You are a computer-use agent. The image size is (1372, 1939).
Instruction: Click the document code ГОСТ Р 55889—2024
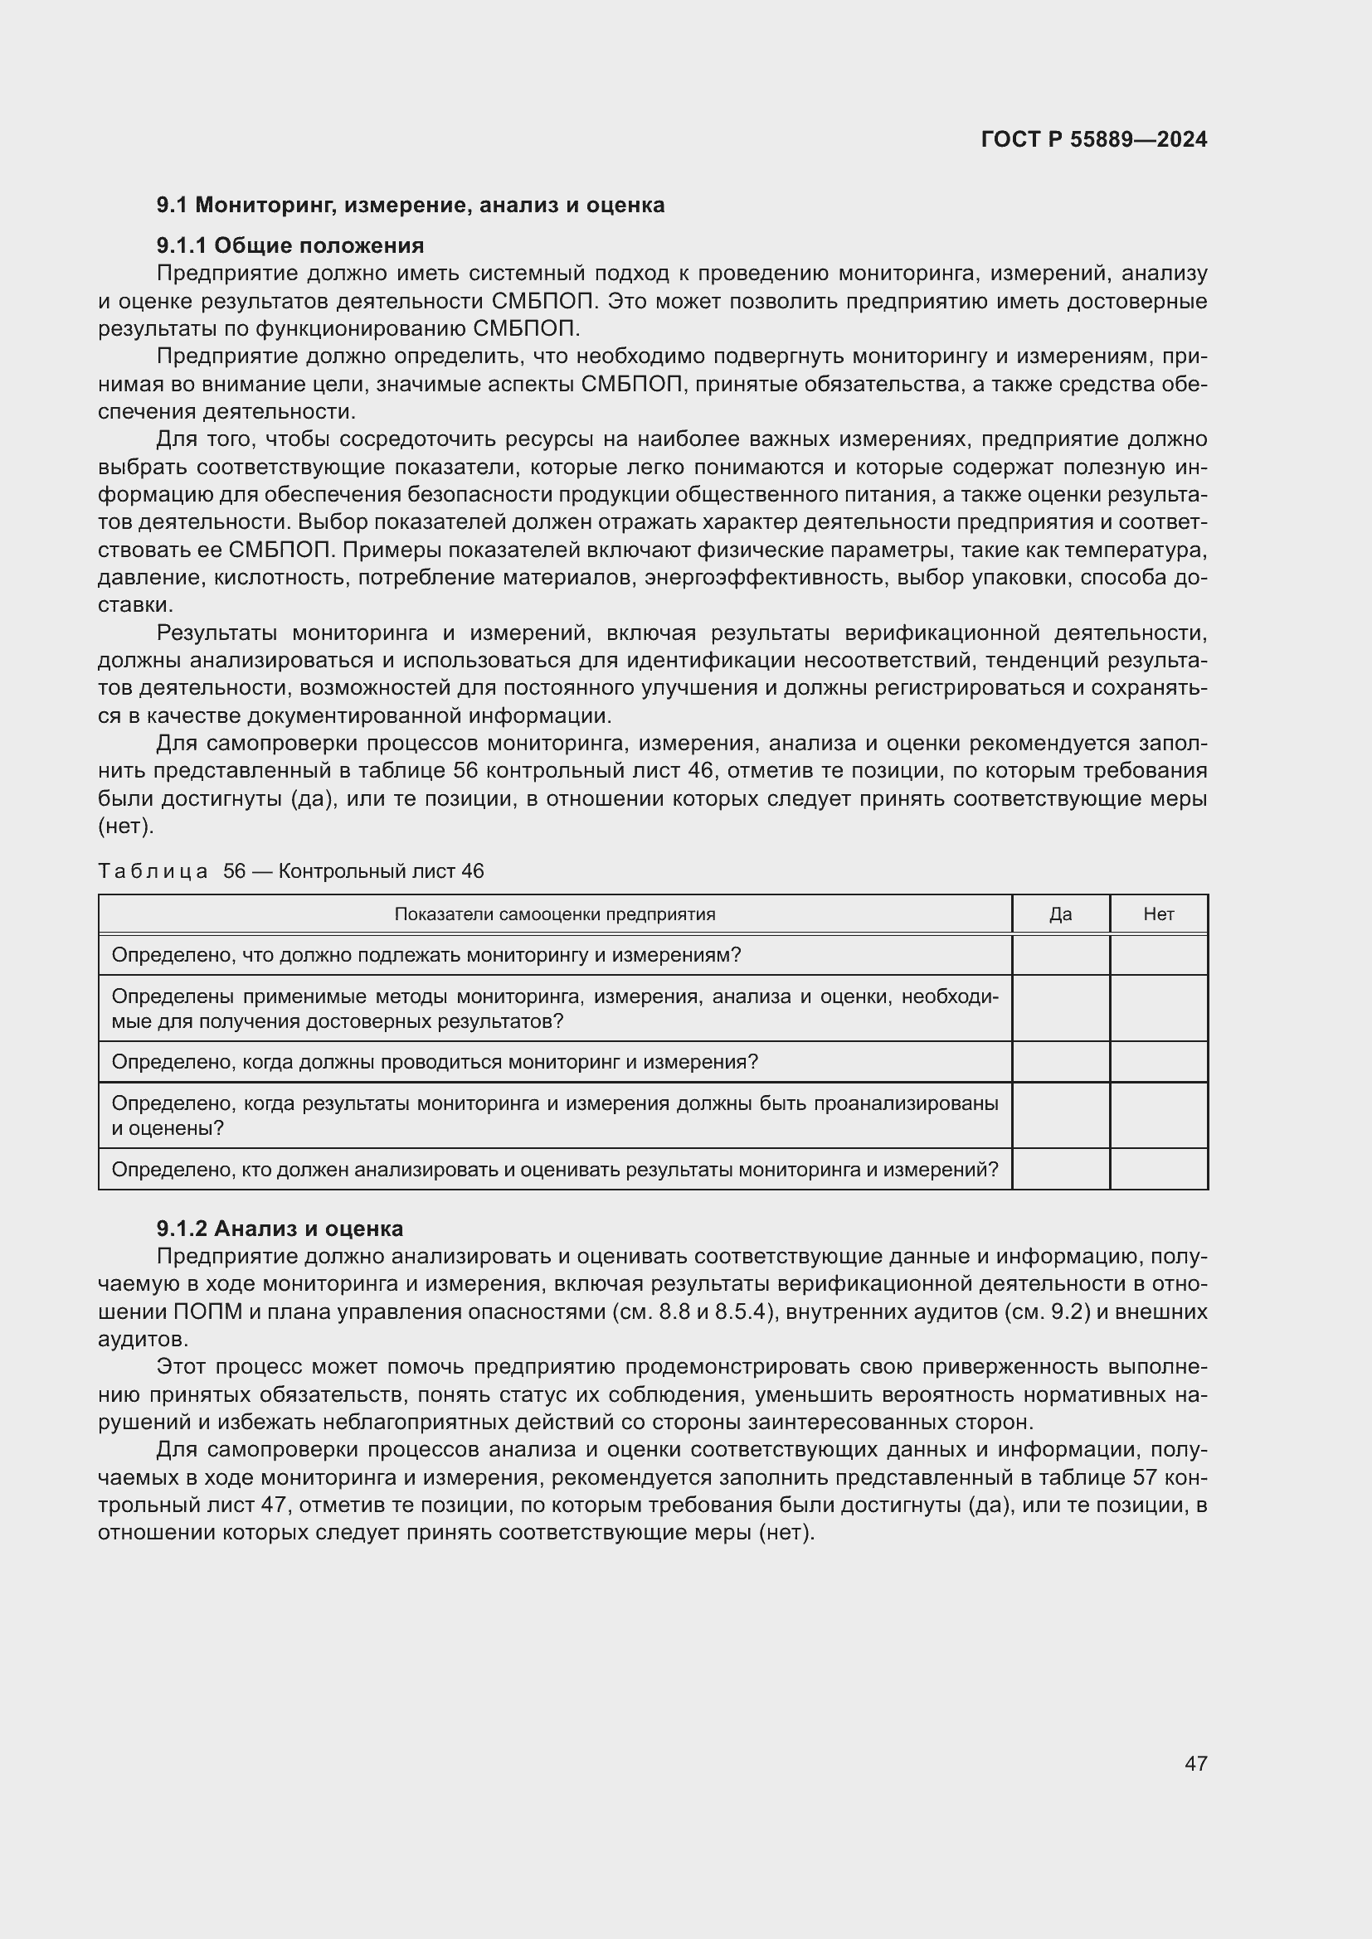[x=1094, y=139]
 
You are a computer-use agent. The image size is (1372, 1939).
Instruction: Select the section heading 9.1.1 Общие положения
[x=289, y=245]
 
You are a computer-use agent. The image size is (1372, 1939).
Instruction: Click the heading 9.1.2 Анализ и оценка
[x=280, y=1228]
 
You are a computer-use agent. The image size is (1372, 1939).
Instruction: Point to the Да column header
[x=1060, y=914]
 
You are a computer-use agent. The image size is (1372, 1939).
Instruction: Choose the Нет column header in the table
[x=1158, y=914]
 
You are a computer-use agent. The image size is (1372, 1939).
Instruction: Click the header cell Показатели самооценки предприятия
[x=555, y=914]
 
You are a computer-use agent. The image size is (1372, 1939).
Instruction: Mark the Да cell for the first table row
[x=1060, y=955]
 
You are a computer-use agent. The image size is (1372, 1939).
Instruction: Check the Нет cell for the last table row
[x=1158, y=1169]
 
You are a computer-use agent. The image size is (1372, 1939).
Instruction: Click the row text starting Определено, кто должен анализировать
[x=555, y=1170]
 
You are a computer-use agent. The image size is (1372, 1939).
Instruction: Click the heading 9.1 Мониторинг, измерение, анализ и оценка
[x=411, y=206]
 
